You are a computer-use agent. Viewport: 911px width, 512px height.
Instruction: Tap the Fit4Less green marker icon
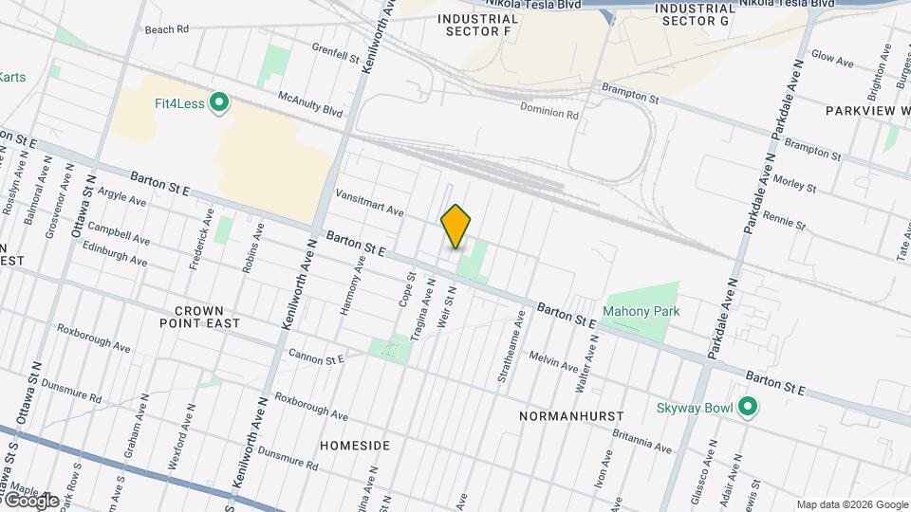click(220, 102)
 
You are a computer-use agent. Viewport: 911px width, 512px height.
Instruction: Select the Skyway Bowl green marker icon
click(748, 408)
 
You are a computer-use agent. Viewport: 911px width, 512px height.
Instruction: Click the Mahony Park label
click(641, 311)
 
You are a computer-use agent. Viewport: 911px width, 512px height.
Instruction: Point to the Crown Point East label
click(206, 317)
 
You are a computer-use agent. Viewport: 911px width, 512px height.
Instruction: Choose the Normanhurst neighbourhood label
click(571, 416)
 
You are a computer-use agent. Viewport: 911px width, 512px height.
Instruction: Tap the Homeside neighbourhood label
click(355, 445)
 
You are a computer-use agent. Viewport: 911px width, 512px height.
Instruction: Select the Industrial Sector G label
click(696, 14)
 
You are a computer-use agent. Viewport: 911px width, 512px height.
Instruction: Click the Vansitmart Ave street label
click(370, 202)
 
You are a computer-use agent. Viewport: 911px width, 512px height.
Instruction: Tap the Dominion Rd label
click(548, 112)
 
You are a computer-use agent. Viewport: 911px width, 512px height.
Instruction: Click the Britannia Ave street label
click(641, 443)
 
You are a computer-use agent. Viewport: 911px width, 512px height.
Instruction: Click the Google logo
click(31, 500)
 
